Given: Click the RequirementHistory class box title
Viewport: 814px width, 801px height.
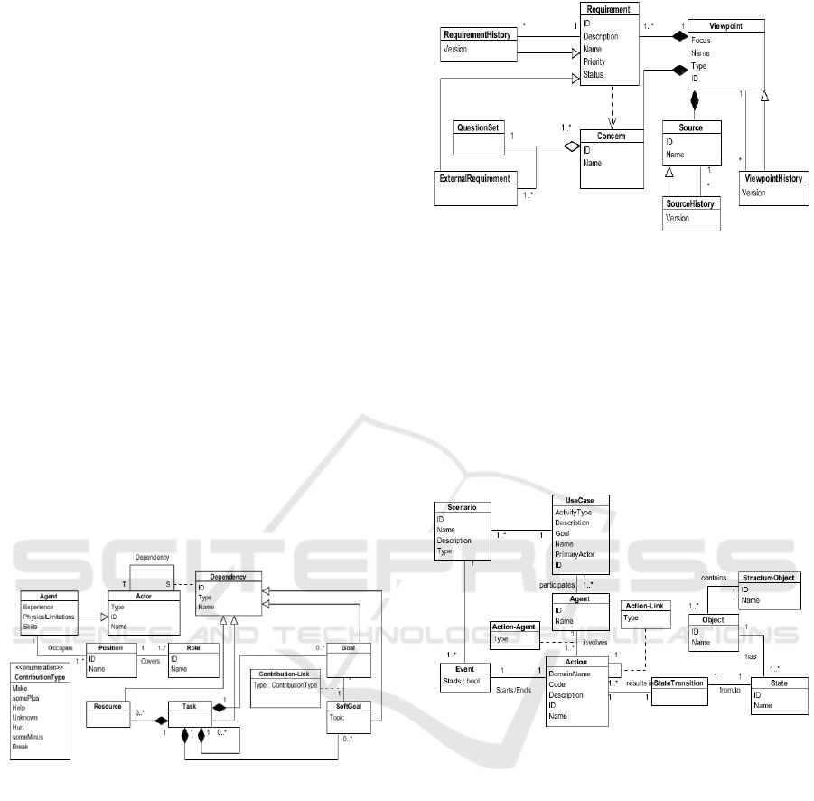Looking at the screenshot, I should tap(478, 34).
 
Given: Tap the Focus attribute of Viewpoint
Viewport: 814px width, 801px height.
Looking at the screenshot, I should tap(702, 41).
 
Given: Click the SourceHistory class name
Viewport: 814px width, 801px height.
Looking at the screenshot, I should tap(690, 204).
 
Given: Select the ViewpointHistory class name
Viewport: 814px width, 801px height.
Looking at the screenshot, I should tap(773, 179).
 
